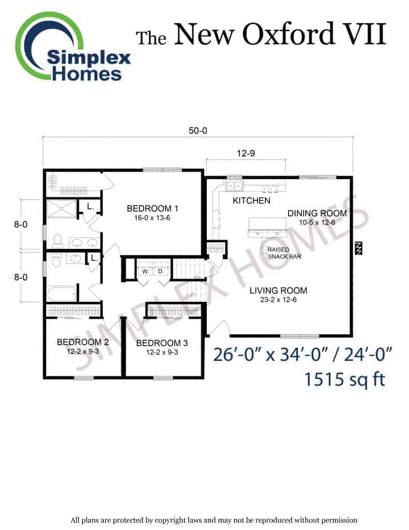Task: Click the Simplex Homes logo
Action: click(x=72, y=47)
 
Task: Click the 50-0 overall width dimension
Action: click(x=198, y=130)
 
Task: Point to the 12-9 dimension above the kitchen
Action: click(x=246, y=153)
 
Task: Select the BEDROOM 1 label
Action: click(x=153, y=209)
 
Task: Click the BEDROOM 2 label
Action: click(x=83, y=342)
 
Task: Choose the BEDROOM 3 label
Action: click(x=162, y=343)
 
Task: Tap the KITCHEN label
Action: click(x=252, y=201)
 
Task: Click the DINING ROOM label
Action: click(x=317, y=213)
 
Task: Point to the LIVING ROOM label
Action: click(x=279, y=290)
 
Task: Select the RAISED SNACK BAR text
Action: click(x=284, y=253)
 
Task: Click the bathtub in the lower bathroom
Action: click(x=62, y=293)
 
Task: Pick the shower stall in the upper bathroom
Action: click(x=61, y=209)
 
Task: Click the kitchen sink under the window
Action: click(x=234, y=186)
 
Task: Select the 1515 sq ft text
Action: click(x=344, y=379)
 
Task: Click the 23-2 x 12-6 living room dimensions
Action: click(x=278, y=300)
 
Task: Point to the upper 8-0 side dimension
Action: click(x=21, y=225)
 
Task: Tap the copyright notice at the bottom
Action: click(x=214, y=520)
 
